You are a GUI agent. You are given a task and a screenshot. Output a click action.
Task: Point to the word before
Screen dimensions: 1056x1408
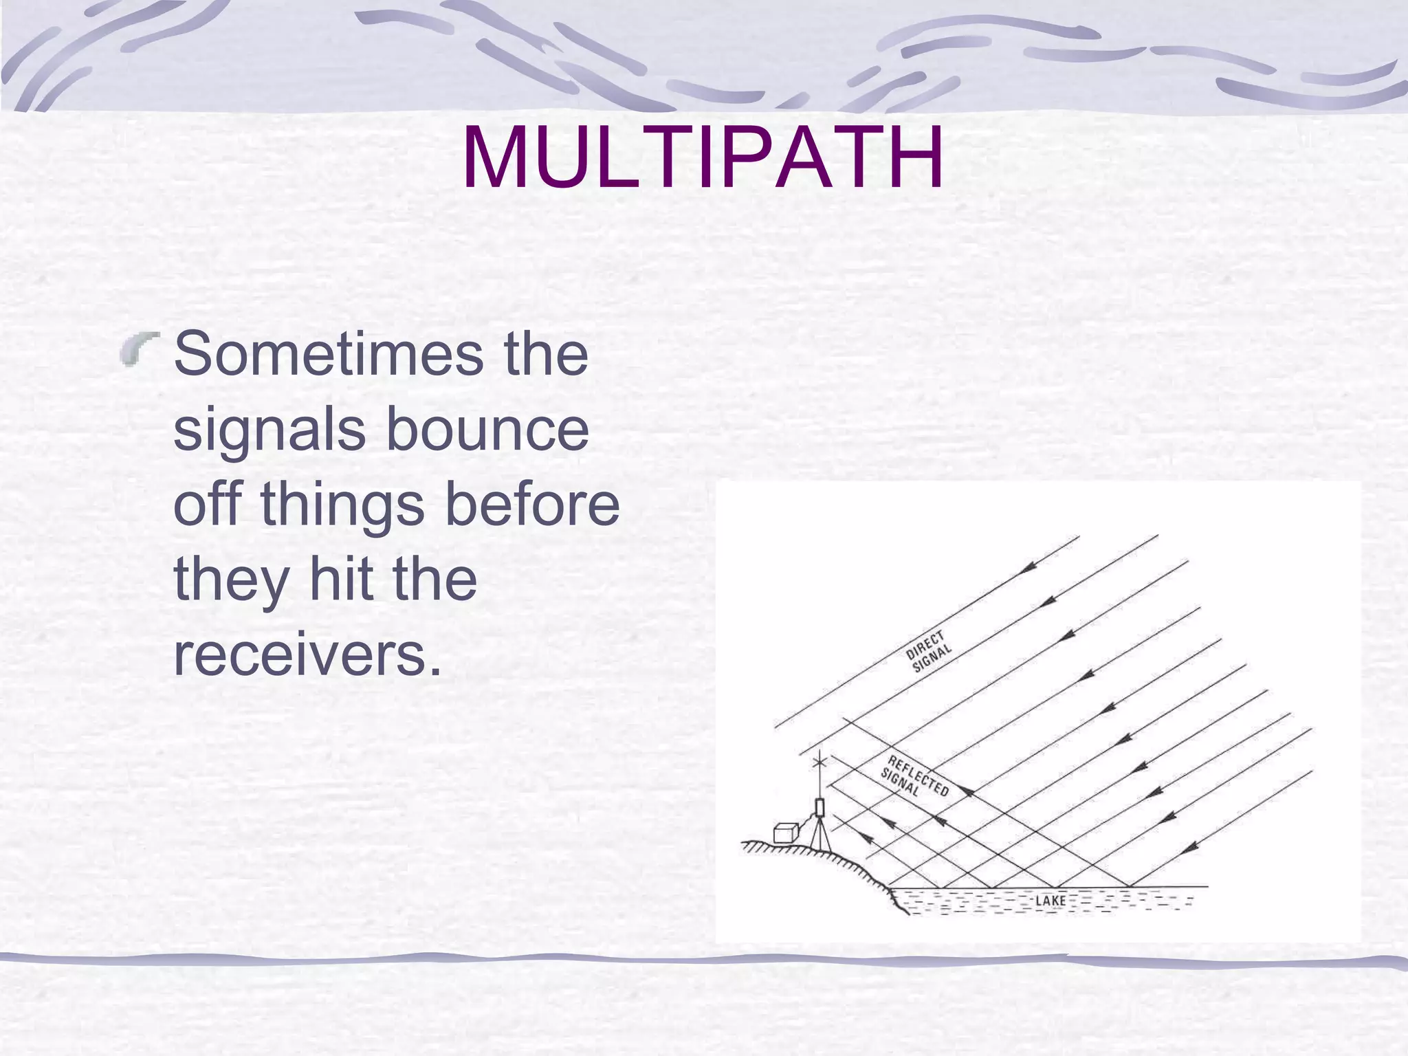coord(533,504)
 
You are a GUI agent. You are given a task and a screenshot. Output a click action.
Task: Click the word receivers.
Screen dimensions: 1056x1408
coord(307,654)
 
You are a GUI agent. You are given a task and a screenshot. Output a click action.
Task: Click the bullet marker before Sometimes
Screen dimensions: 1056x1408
coord(139,348)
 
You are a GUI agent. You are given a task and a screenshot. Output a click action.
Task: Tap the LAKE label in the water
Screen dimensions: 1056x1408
coord(1050,901)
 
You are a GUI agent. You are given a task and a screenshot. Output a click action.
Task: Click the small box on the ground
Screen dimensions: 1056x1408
coord(784,833)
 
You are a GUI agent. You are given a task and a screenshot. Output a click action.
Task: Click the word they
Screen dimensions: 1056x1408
coord(231,580)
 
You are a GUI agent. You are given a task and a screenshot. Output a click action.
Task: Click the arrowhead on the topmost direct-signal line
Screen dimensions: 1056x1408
coord(1029,567)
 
